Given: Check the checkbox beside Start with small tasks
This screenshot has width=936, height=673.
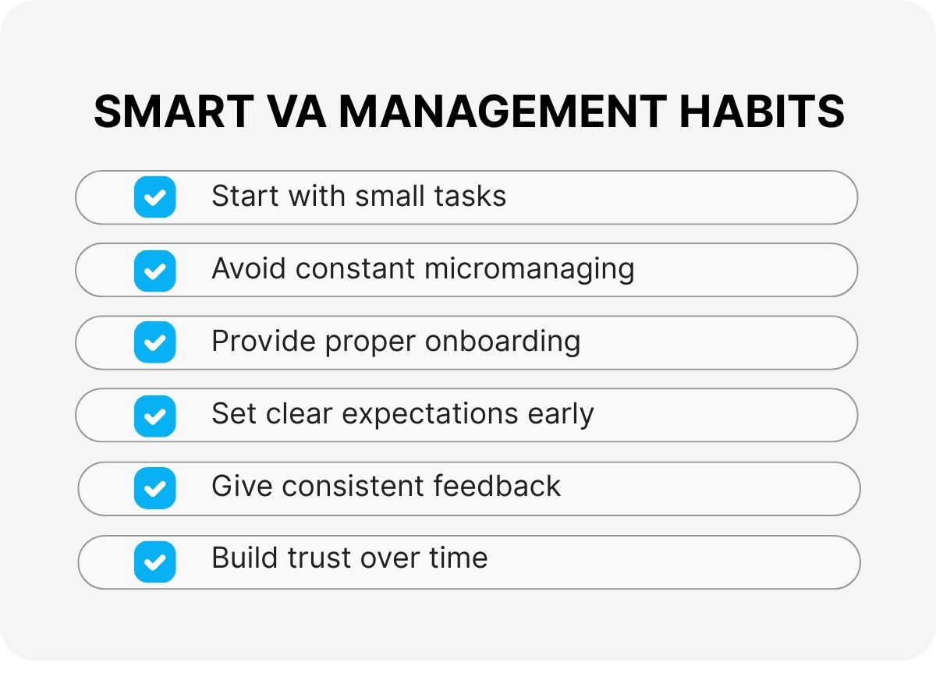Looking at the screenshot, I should pyautogui.click(x=154, y=197).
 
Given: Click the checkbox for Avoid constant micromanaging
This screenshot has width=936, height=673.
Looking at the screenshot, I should pyautogui.click(x=154, y=270).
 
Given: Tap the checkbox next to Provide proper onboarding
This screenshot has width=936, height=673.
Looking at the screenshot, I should pyautogui.click(x=154, y=342).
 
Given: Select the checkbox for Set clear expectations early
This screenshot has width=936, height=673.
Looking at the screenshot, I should pyautogui.click(x=154, y=416).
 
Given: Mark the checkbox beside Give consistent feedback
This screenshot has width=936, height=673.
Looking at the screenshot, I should pyautogui.click(x=154, y=488).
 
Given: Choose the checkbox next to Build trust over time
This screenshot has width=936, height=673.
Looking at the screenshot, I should pyautogui.click(x=154, y=561).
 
